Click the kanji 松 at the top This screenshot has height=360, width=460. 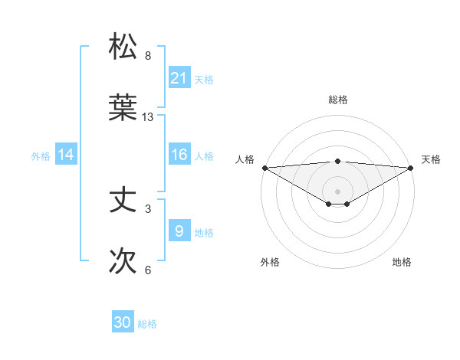tap(123, 47)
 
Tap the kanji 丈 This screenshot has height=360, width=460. tap(123, 200)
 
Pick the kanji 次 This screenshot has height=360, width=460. tap(123, 261)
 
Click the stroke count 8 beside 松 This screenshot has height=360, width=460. tap(148, 56)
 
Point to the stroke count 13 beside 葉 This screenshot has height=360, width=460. tap(148, 117)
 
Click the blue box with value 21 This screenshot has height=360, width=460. tap(179, 78)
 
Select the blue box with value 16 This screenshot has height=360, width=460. tap(179, 155)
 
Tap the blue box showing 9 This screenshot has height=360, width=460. tap(179, 231)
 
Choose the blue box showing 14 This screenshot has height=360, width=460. tap(66, 155)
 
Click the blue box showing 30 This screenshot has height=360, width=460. tap(123, 323)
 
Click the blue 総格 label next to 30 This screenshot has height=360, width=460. tap(147, 324)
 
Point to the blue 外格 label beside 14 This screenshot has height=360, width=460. tap(41, 155)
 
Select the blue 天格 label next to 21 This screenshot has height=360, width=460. tap(204, 79)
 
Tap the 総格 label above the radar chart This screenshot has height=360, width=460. tap(338, 100)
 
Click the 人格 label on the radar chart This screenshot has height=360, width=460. tap(245, 159)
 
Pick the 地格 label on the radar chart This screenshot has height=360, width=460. tap(402, 262)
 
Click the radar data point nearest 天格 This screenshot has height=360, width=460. tap(412, 167)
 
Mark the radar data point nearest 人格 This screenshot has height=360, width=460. tap(264, 167)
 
